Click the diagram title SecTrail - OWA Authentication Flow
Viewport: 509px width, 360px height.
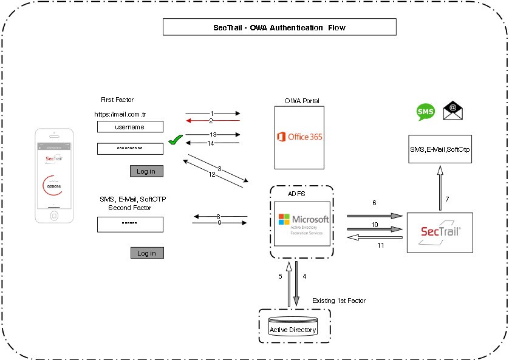pos(279,27)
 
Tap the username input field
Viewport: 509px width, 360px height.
pos(130,127)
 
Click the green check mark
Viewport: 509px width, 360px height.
pos(175,141)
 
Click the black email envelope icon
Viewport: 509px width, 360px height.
pos(453,110)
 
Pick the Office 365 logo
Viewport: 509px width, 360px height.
pos(299,137)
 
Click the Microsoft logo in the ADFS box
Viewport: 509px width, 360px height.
pos(303,223)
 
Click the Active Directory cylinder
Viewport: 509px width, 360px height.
pos(293,326)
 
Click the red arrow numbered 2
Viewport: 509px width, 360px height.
pos(213,121)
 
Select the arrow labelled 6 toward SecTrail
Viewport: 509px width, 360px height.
pos(375,216)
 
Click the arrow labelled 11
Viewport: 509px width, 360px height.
pos(375,237)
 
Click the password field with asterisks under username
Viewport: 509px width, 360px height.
pos(130,149)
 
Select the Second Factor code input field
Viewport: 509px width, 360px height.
pos(130,224)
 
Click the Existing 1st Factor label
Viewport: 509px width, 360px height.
pos(338,301)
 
